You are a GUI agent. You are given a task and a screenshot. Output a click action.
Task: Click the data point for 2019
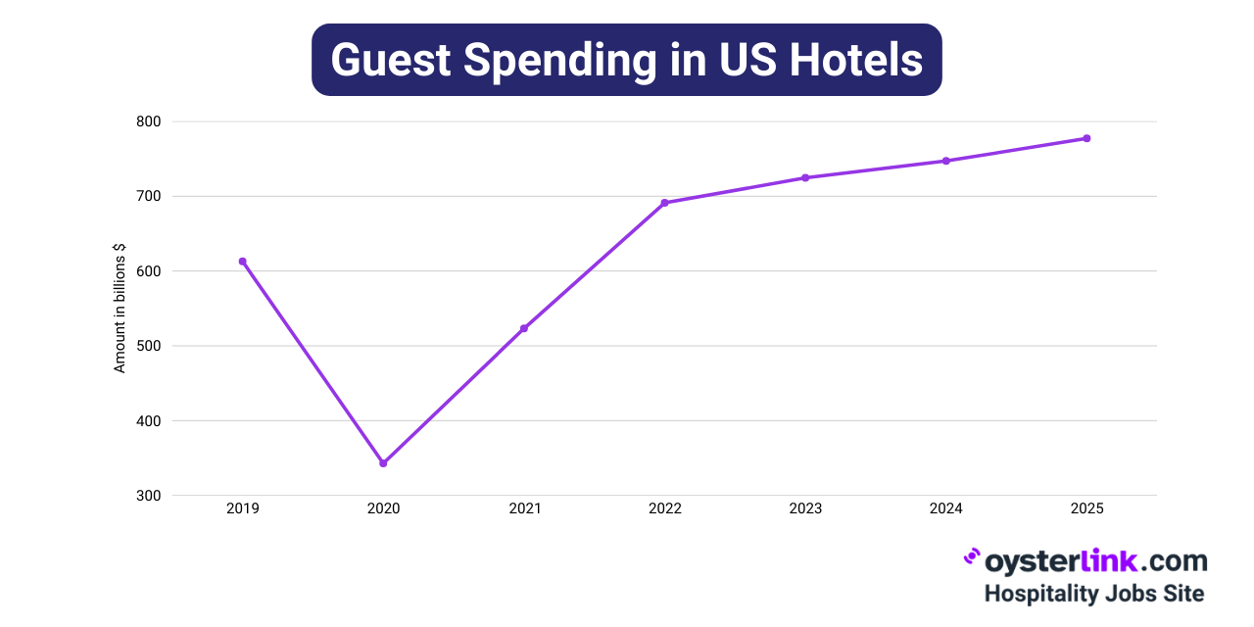point(243,262)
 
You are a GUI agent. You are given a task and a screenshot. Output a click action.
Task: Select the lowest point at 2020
point(383,462)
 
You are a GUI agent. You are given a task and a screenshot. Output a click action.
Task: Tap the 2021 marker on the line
point(524,328)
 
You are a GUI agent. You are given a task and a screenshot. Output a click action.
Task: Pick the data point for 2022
point(664,203)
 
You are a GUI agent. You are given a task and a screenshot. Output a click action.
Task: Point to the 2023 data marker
point(805,177)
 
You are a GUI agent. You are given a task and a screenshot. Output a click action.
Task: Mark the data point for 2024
point(946,161)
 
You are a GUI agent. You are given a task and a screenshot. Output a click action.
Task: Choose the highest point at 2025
point(1086,138)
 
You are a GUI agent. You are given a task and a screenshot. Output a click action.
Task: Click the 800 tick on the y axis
point(149,121)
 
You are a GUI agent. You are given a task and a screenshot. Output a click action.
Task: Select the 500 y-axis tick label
point(149,346)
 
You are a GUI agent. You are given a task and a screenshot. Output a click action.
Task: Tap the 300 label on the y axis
point(149,496)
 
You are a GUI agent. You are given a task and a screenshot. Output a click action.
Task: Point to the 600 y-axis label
point(149,271)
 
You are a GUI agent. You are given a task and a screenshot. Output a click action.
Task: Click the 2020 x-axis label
point(383,508)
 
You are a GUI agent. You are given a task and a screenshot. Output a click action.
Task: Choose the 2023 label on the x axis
point(805,508)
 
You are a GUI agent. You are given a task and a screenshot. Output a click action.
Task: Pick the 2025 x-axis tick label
point(1086,508)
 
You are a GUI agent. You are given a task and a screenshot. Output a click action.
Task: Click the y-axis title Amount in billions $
point(121,309)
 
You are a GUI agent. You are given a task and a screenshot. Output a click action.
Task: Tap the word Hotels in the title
point(856,60)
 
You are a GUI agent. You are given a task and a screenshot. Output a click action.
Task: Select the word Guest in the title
point(391,60)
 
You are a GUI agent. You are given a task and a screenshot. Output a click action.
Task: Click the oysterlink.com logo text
point(1094,561)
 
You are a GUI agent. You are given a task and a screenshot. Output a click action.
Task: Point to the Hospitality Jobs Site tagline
point(1094,594)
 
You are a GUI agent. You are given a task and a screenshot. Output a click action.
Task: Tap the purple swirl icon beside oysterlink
point(971,557)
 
